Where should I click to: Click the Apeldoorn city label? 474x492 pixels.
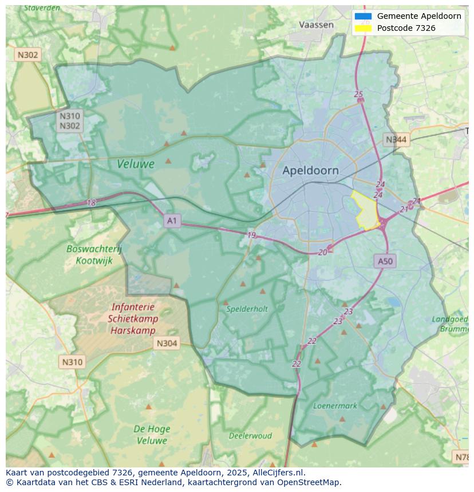[x=310, y=170]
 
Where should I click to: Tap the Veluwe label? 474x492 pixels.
[x=136, y=164]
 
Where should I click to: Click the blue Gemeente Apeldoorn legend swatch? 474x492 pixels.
[x=363, y=17]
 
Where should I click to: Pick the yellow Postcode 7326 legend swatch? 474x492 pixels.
[x=363, y=28]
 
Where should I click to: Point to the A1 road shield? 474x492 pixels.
[x=172, y=221]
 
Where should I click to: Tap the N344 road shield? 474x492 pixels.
[x=396, y=139]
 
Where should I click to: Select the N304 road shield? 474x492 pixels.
[x=167, y=343]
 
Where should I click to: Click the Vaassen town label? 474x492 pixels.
[x=316, y=25]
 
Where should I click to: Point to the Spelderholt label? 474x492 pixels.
[x=247, y=309]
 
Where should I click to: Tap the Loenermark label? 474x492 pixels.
[x=335, y=406]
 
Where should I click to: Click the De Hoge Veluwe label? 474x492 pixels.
[x=151, y=434]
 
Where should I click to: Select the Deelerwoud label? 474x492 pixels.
[x=250, y=435]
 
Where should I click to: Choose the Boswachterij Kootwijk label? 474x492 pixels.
[x=94, y=254]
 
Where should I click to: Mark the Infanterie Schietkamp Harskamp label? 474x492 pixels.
[x=133, y=319]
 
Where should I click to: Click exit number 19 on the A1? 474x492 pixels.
[x=251, y=235]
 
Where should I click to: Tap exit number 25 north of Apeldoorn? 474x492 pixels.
[x=358, y=94]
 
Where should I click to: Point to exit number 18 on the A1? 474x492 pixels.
[x=92, y=203]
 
